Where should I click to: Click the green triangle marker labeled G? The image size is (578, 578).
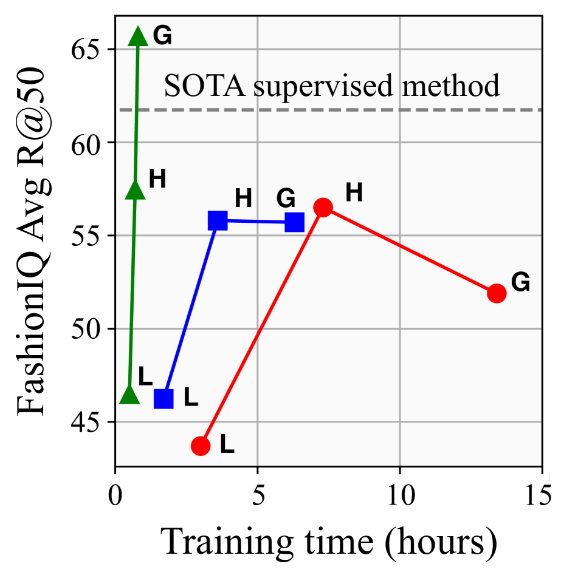pos(138,37)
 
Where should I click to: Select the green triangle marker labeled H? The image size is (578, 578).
pos(135,190)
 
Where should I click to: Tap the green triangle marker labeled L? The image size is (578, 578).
pos(129,395)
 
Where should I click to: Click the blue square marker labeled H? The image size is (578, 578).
pos(218,221)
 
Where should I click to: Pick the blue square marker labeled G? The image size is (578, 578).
pos(295,222)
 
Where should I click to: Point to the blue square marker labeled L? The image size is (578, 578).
pos(163,399)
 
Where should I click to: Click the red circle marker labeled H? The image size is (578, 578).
pos(323,208)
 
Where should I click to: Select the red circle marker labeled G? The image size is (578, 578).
pos(497,293)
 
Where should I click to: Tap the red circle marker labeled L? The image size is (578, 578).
pos(201,446)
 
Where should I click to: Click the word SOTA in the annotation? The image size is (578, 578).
pos(204,86)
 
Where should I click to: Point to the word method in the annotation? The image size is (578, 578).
pos(450,86)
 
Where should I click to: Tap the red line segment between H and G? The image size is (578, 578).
pos(410,250)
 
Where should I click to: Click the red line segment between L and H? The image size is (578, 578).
pos(261,327)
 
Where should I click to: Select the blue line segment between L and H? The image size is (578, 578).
pos(190,310)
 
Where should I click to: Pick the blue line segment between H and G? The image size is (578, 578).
pos(256,222)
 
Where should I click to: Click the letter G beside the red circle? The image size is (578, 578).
pos(521,282)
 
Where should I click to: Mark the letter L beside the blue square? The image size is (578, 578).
pos(191,398)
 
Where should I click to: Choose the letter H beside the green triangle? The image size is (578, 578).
pos(157,179)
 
